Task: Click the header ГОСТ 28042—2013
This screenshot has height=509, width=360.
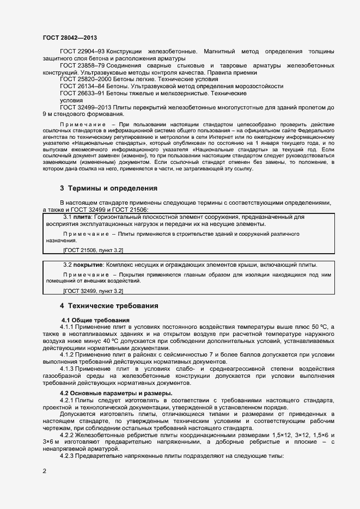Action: [70, 36]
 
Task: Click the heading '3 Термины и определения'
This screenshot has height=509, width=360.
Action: [109, 188]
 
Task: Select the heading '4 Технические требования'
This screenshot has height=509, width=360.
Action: [109, 306]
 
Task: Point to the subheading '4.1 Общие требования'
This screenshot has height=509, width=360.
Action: [95, 319]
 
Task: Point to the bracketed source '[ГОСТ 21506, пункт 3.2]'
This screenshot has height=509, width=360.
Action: [93, 250]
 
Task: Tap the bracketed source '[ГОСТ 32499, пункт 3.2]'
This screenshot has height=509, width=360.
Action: [93, 291]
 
